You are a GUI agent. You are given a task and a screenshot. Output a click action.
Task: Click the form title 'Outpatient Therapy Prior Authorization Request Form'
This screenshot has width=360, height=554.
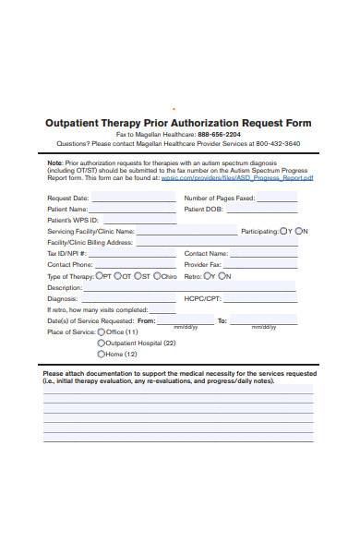[178, 123]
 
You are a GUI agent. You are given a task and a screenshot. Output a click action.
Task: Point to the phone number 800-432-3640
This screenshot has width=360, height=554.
[278, 144]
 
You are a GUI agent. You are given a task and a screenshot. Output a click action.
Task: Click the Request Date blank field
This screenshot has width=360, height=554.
[133, 199]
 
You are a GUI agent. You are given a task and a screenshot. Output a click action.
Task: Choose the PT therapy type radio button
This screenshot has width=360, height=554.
[98, 275]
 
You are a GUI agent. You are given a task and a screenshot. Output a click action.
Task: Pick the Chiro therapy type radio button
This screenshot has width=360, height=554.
[158, 275]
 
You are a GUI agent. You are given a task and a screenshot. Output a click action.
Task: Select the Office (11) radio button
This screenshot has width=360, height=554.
[102, 331]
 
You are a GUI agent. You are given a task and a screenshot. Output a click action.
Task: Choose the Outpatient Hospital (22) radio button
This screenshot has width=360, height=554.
[102, 343]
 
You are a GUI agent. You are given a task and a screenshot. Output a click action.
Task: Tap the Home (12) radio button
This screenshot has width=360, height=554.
[102, 354]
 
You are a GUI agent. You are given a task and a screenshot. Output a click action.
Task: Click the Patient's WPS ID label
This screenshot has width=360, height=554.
[72, 220]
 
